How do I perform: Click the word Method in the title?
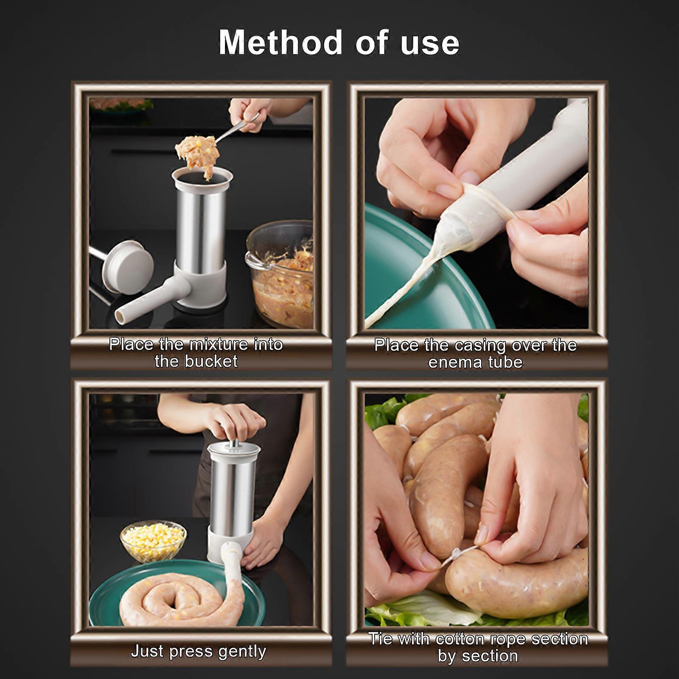point(281,42)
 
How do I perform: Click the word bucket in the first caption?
point(211,361)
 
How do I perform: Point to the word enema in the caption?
point(454,362)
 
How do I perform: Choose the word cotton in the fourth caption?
point(460,639)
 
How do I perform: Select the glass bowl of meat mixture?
point(280,274)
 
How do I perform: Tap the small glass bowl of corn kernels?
point(153,542)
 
